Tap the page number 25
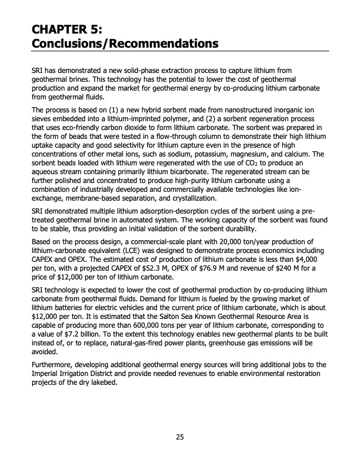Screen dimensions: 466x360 179,437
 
